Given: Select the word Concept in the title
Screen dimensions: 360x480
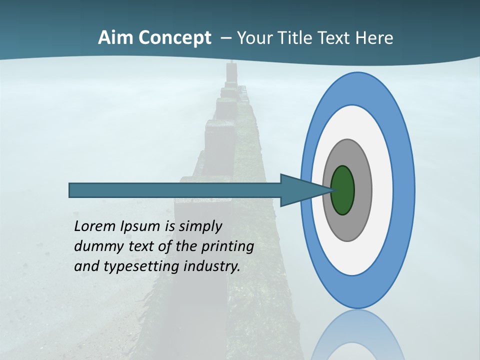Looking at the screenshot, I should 174,38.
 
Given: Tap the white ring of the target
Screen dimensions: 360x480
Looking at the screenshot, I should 382,190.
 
